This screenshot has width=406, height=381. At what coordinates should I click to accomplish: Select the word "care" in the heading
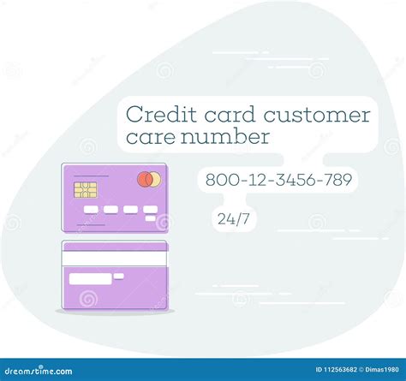pos(147,136)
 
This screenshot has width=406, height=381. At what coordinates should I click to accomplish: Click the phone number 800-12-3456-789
pos(278,181)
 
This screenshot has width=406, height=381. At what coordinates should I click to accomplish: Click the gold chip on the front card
pos(85,189)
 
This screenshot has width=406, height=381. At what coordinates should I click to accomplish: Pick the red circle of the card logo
pos(145,180)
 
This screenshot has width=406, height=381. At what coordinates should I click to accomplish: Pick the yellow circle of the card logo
pos(154,180)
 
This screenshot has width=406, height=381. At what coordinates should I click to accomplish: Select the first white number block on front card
pos(89,209)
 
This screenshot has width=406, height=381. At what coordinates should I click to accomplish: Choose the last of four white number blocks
pos(150,209)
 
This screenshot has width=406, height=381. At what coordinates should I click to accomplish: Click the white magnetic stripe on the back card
pos(114,257)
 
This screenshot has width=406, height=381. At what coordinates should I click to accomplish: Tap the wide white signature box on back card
pos(90,278)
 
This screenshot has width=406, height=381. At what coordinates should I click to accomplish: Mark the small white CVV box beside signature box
pos(119,276)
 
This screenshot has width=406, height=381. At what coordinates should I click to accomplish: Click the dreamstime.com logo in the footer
pos(39,371)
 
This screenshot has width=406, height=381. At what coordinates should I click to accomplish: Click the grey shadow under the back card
pos(115,312)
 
